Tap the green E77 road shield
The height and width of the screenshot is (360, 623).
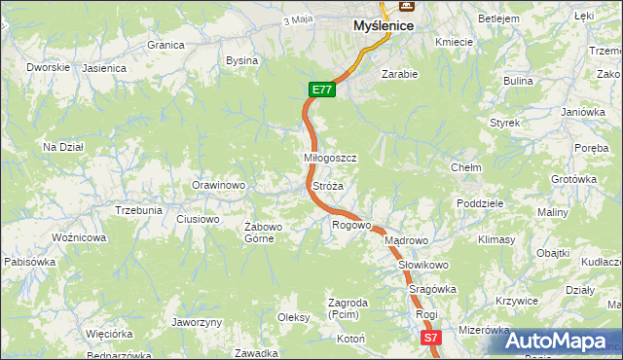323,90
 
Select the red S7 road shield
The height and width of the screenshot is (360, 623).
432,338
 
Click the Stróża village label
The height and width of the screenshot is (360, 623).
328,185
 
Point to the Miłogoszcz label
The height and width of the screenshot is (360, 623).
331,158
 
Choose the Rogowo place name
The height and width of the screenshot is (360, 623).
351,225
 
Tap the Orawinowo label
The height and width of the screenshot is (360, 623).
217,185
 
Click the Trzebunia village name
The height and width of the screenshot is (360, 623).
138,210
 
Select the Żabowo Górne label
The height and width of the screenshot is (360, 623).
263,233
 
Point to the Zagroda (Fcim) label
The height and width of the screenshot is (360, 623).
348,308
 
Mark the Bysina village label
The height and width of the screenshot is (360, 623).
241,60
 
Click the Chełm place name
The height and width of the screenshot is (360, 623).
466,167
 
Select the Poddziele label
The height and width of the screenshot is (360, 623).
479,203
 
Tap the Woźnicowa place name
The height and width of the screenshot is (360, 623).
79,237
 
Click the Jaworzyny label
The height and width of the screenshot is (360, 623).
197,322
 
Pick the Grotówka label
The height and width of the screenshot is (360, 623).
573,179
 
